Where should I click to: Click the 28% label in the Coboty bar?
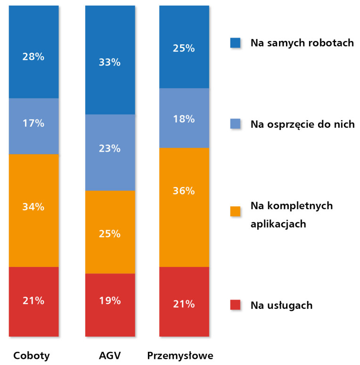33,57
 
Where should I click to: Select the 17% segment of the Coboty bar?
33,123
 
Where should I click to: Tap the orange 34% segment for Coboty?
33,206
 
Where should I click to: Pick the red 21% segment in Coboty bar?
33,300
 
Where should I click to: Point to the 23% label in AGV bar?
110,149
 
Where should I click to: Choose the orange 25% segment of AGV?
110,234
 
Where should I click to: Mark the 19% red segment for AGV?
110,300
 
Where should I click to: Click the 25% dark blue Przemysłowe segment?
184,48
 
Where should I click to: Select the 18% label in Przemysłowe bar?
184,119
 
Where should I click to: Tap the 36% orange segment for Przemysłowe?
184,191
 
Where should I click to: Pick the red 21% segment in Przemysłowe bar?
184,304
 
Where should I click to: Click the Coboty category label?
32,355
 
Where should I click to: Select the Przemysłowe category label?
180,355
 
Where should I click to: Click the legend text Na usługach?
281,305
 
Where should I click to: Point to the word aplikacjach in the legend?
278,224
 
